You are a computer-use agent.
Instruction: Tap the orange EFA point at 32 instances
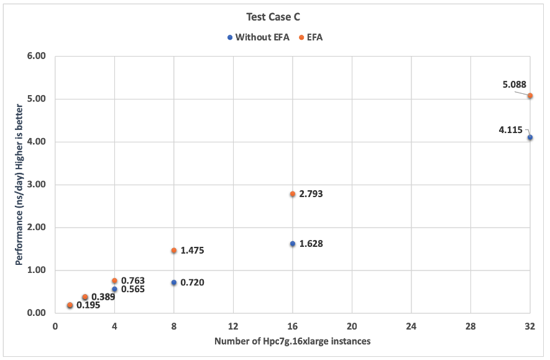pyautogui.click(x=530, y=96)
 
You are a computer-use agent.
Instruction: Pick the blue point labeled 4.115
pyautogui.click(x=530, y=137)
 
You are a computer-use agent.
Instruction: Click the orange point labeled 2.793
pyautogui.click(x=293, y=194)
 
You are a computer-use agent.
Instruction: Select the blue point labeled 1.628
pyautogui.click(x=293, y=244)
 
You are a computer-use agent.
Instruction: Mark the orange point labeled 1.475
pyautogui.click(x=174, y=251)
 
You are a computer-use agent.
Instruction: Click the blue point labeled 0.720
pyautogui.click(x=174, y=283)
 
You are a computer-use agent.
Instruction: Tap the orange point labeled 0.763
pyautogui.click(x=114, y=281)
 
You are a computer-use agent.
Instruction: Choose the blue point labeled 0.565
pyautogui.click(x=114, y=289)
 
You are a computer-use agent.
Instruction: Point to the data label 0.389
pyautogui.click(x=103, y=297)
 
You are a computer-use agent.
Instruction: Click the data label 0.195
pyautogui.click(x=88, y=305)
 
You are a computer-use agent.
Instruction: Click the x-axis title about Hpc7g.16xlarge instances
pyautogui.click(x=293, y=341)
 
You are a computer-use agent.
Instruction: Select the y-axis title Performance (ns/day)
pyautogui.click(x=19, y=185)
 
